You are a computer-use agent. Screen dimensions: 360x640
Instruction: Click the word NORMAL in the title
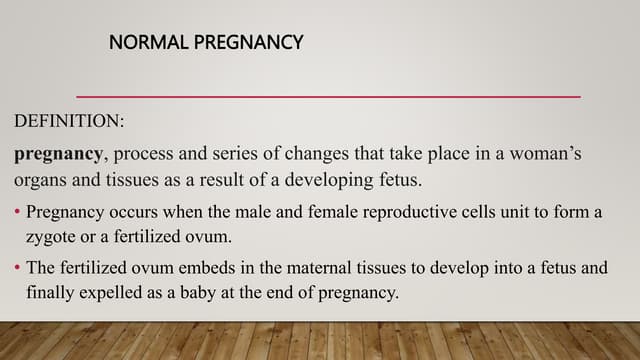pyautogui.click(x=141, y=43)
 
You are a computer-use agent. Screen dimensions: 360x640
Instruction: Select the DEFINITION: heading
pyautogui.click(x=69, y=122)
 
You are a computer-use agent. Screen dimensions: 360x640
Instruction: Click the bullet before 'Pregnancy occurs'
pyautogui.click(x=17, y=213)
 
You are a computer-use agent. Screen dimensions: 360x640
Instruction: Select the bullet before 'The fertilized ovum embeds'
pyautogui.click(x=17, y=269)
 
